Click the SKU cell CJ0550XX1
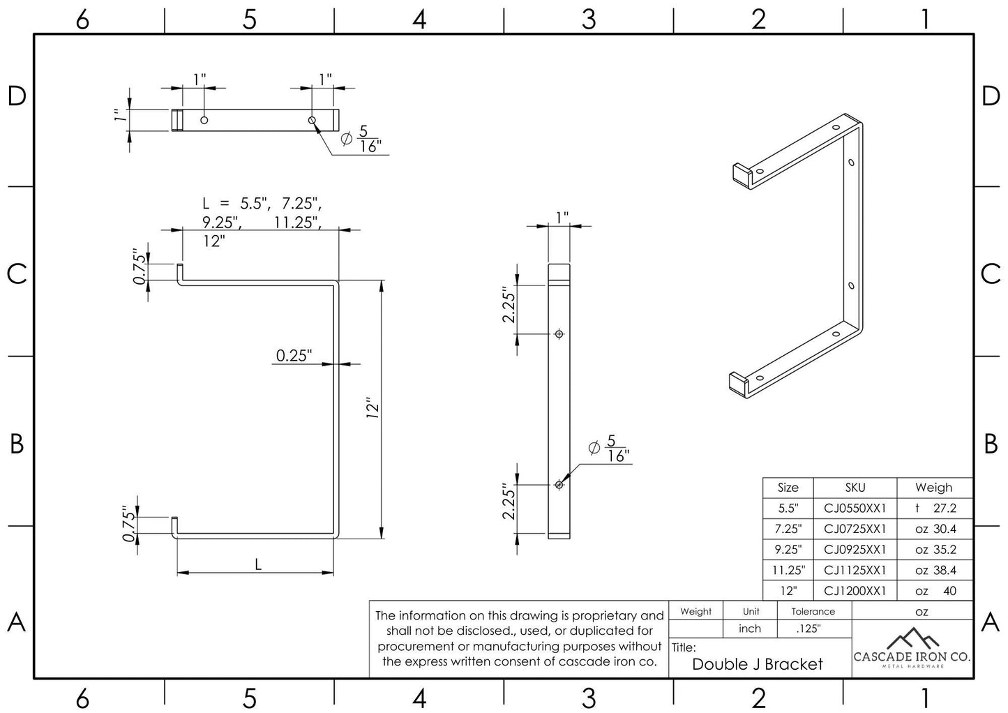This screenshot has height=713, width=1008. point(855,509)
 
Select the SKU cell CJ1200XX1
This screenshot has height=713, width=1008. point(855,591)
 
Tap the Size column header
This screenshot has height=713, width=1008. point(788,488)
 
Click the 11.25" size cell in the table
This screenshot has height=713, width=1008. point(788,570)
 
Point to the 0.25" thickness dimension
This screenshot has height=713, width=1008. point(293,356)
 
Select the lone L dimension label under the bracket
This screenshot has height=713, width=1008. point(258,564)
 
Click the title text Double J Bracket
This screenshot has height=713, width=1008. point(758,664)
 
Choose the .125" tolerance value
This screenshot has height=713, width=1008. point(808,629)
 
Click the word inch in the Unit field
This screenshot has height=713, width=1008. point(750,629)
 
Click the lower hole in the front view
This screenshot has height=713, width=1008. point(559,485)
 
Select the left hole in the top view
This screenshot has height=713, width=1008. point(204,120)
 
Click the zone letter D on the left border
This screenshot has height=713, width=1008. point(17,96)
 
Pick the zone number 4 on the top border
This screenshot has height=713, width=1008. point(419,20)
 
